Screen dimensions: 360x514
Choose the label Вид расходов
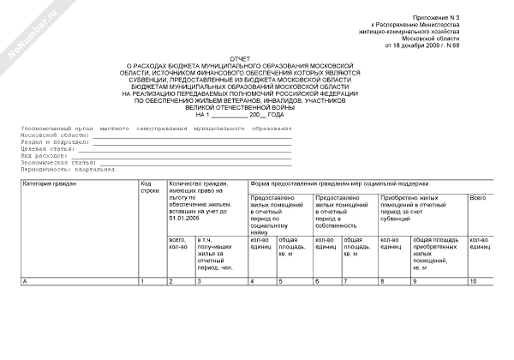point(44,155)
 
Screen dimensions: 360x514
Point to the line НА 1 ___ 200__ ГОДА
point(239,114)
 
